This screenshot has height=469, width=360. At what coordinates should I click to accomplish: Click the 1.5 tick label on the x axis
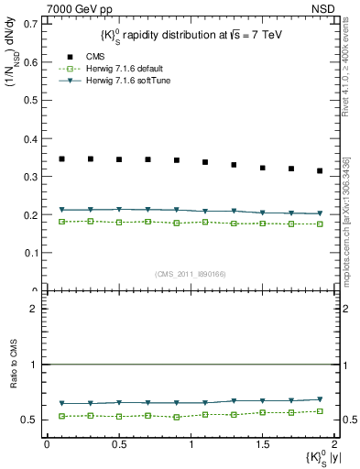click(x=263, y=444)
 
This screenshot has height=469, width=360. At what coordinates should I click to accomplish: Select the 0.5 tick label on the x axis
click(x=118, y=444)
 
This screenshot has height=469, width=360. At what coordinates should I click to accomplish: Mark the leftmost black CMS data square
click(x=61, y=159)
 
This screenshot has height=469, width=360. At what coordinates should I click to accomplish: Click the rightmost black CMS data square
click(x=320, y=170)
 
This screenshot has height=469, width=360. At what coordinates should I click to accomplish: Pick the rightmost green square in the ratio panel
click(x=320, y=411)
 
